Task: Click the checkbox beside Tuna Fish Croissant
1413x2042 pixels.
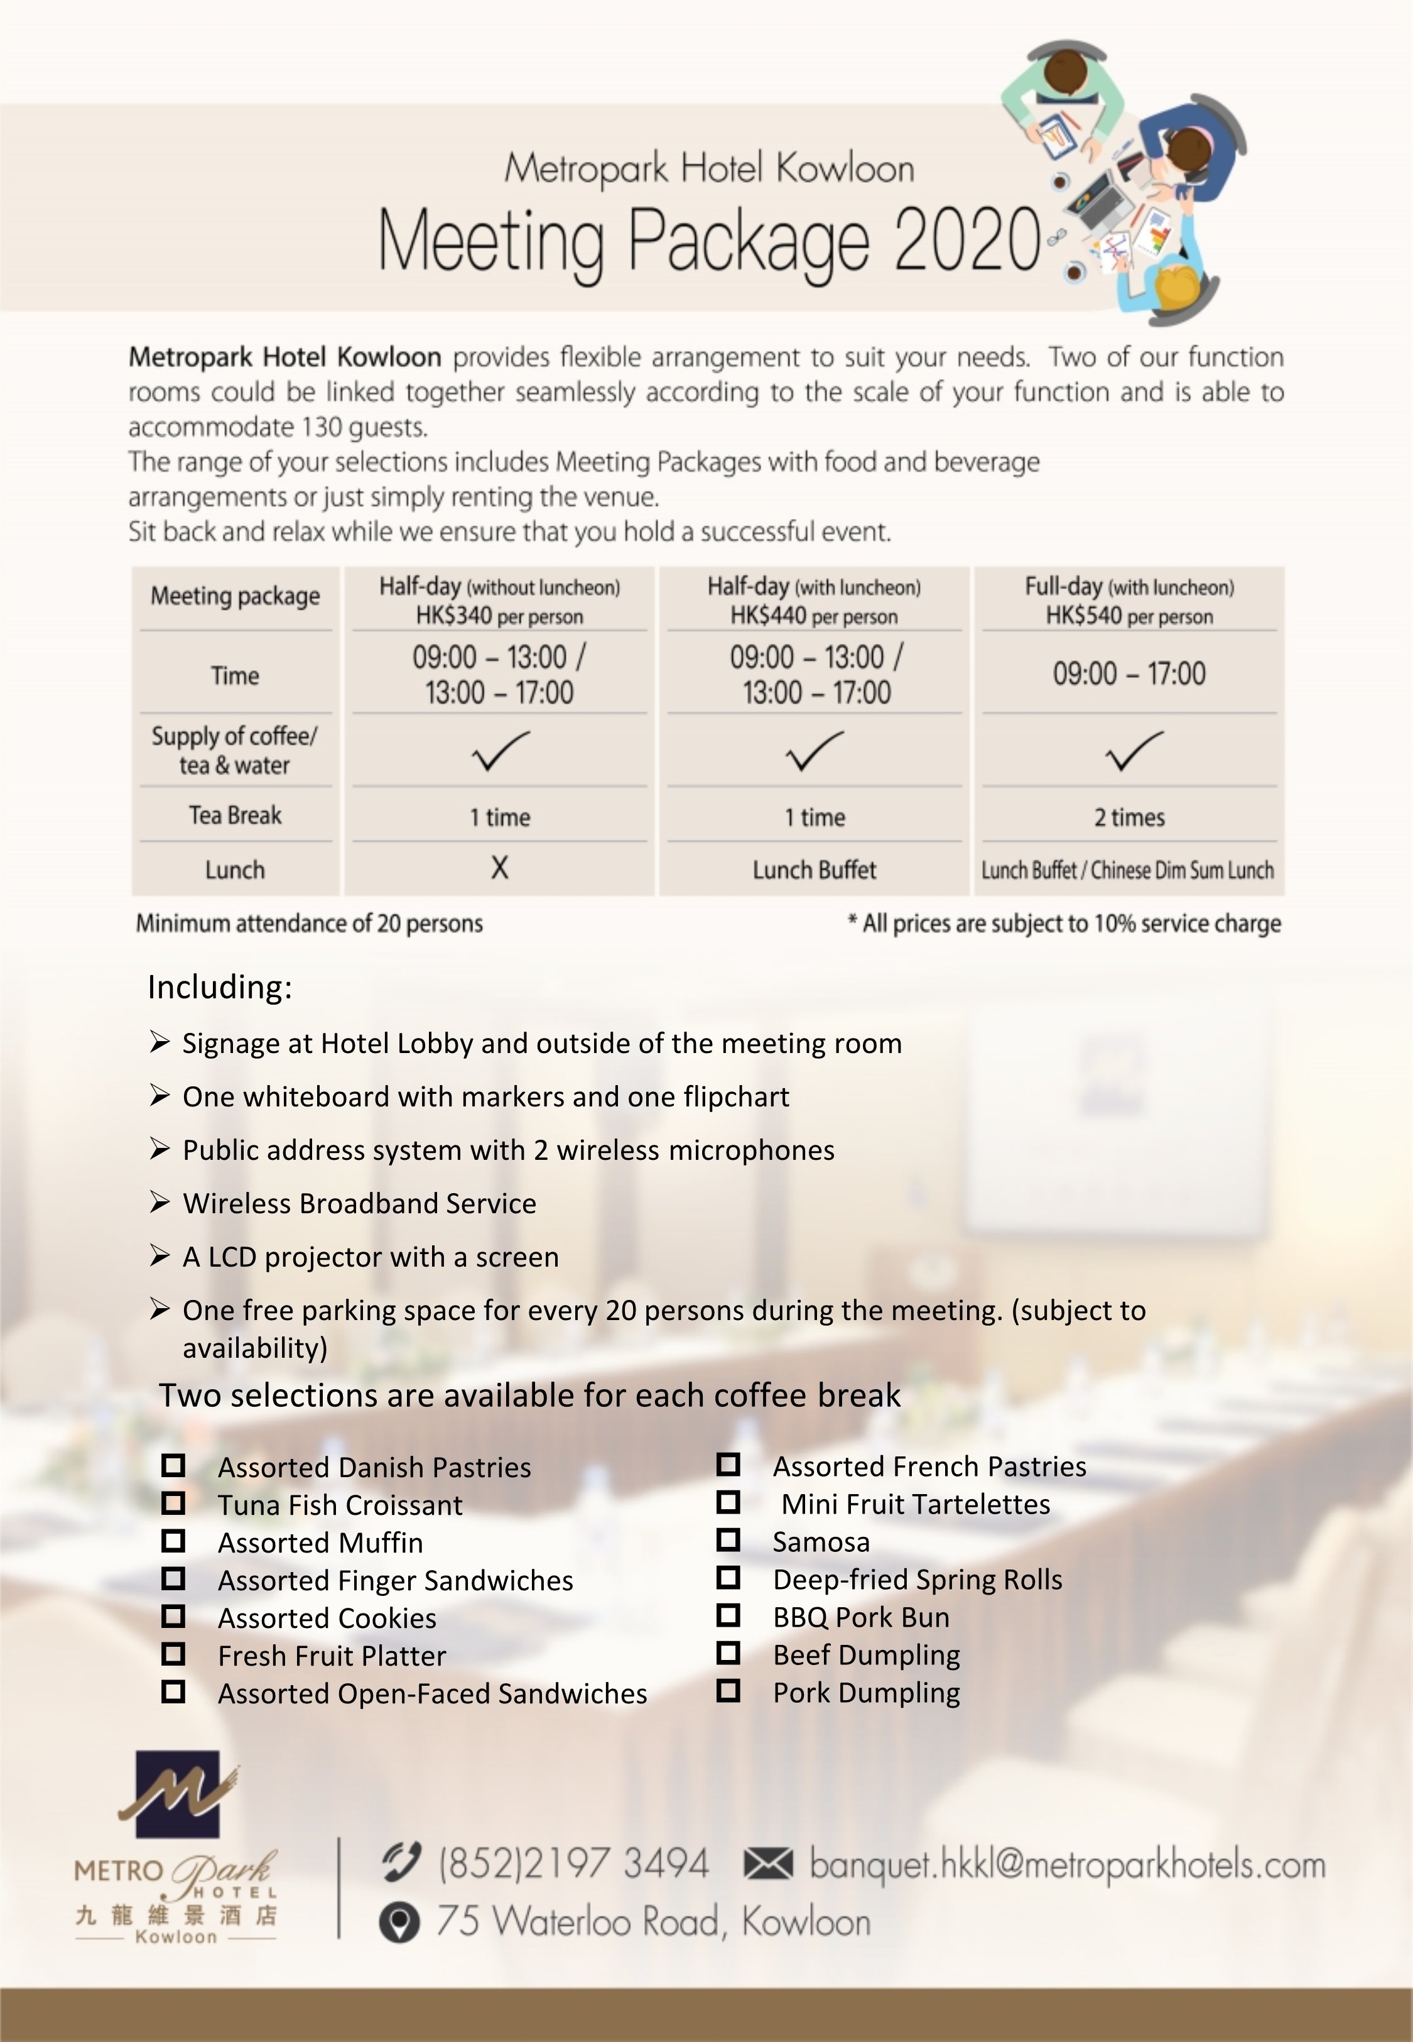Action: pos(173,1504)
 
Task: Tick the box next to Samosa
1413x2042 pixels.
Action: pos(728,1541)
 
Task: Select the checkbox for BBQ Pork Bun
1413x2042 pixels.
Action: pos(728,1616)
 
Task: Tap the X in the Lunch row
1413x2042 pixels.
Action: pos(499,868)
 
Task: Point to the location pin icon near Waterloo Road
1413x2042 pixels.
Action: pos(399,1923)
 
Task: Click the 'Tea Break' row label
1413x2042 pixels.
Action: pos(235,816)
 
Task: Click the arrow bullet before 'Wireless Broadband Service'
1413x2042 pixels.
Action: pos(160,1202)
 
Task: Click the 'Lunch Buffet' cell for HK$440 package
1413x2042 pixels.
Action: pos(815,870)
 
